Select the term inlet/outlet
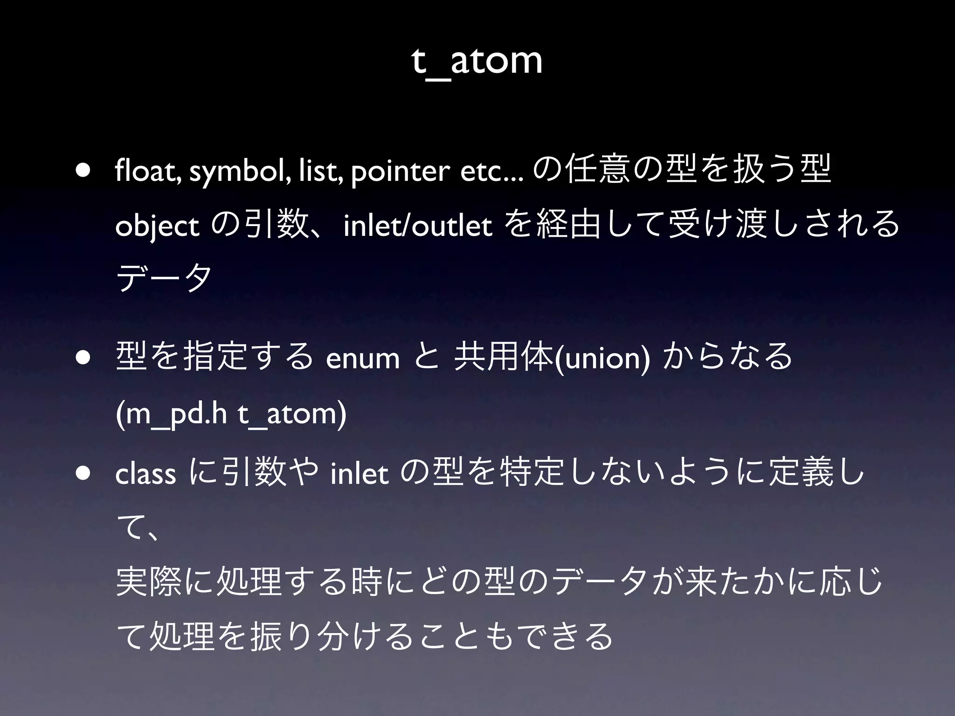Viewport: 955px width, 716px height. pos(418,227)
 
